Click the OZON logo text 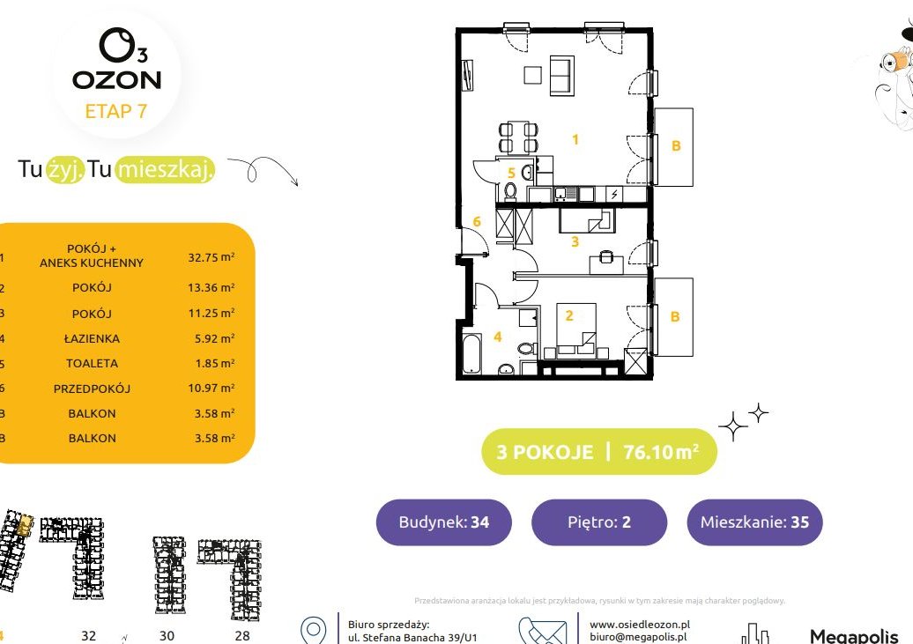[116, 80]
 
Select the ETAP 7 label [115, 111]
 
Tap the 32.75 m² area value [212, 256]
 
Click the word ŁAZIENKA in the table [92, 338]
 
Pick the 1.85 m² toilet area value [215, 363]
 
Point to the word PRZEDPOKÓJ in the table [92, 389]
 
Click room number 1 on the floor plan [575, 140]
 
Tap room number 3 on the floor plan [575, 241]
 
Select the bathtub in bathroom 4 [471, 354]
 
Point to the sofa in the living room [562, 76]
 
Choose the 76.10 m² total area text [661, 452]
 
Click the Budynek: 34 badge [443, 522]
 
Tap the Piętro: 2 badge [599, 522]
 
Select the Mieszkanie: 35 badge [754, 522]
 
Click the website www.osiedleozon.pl [639, 625]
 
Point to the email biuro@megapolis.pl [637, 637]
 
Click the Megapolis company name [854, 636]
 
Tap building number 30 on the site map [167, 636]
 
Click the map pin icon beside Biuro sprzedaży [313, 631]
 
